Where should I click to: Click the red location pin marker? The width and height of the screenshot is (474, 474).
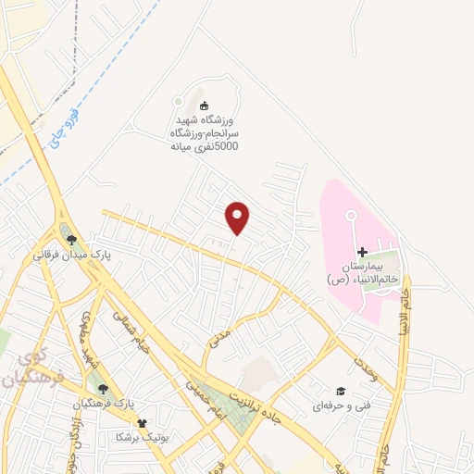pyautogui.click(x=238, y=218)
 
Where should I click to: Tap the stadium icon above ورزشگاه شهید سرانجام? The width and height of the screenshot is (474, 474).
pyautogui.click(x=205, y=105)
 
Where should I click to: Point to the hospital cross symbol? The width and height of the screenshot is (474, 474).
pyautogui.click(x=362, y=252)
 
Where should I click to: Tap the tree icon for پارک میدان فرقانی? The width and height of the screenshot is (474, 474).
pyautogui.click(x=71, y=240)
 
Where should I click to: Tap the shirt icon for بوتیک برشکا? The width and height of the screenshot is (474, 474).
pyautogui.click(x=141, y=422)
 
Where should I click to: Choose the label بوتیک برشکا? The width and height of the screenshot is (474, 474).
pyautogui.click(x=140, y=436)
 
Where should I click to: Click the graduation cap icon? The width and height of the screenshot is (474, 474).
pyautogui.click(x=340, y=392)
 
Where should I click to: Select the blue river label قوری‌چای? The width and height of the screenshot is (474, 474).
pyautogui.click(x=58, y=126)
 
